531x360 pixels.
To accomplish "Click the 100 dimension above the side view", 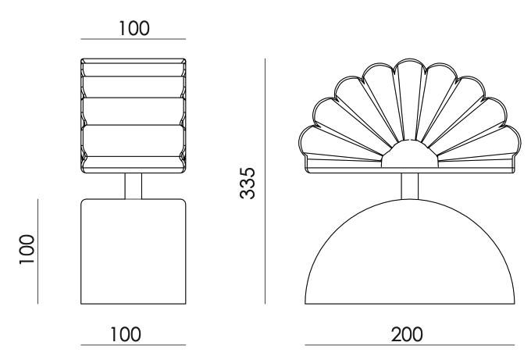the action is click(x=134, y=28).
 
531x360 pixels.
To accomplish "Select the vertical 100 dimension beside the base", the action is click(x=27, y=249).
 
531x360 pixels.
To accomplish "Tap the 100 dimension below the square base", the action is click(x=126, y=334).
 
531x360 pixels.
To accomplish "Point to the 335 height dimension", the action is click(x=248, y=183).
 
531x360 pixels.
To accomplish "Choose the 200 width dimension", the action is click(x=407, y=334).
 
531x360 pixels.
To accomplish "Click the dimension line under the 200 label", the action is click(x=410, y=345).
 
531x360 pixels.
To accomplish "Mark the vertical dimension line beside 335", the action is click(x=265, y=181).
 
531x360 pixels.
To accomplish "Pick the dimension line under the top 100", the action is click(x=133, y=39).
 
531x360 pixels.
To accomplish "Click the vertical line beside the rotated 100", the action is click(x=38, y=251).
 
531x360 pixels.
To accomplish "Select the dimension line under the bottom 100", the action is click(x=133, y=345).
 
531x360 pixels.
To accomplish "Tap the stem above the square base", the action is click(x=134, y=186).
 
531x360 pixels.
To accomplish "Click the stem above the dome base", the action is click(x=410, y=186).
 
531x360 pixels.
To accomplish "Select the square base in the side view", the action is click(x=134, y=251).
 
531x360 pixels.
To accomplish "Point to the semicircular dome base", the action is click(x=410, y=251).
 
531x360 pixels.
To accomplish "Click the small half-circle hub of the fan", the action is click(x=410, y=154).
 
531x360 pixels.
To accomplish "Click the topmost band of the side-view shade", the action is click(x=134, y=68).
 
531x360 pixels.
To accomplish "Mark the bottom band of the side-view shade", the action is click(x=134, y=165).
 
